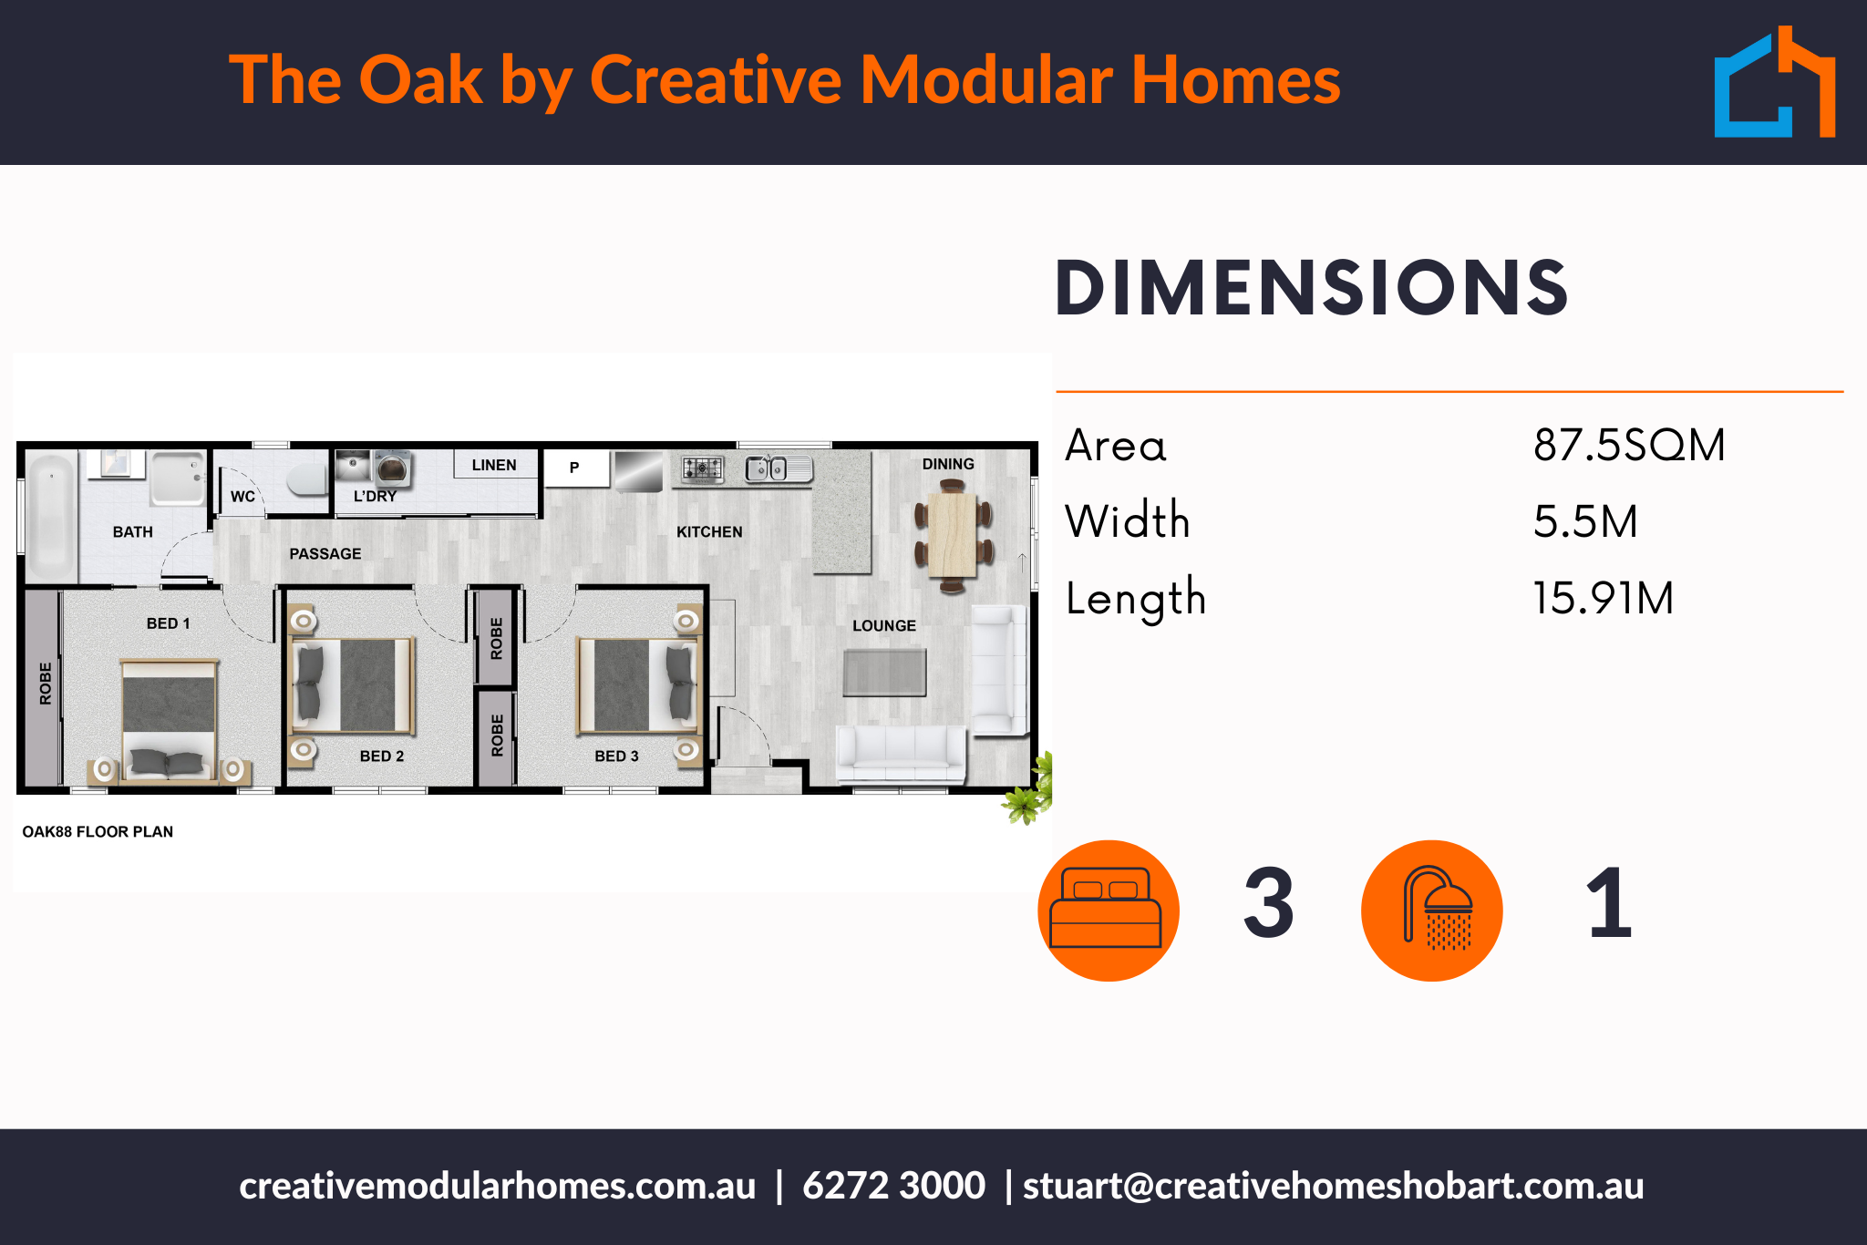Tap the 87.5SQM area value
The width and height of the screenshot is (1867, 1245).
1628,446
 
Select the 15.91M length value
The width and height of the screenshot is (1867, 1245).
1603,599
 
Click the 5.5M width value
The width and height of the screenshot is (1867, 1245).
1585,522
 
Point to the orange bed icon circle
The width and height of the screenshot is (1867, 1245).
1108,911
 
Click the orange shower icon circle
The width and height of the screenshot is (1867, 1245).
1431,911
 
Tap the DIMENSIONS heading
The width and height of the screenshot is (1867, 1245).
1311,289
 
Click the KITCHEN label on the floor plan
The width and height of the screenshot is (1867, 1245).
709,532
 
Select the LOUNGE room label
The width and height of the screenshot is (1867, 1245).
883,626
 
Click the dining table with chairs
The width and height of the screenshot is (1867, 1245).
953,536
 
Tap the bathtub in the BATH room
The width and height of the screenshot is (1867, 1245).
51,515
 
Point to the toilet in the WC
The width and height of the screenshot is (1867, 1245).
308,479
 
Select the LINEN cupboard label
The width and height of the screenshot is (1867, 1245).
494,465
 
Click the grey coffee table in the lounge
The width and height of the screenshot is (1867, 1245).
884,673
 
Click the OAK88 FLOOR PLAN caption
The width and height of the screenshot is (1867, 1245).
98,832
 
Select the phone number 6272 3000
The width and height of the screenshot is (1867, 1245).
893,1186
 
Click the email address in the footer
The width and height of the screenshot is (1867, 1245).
1333,1186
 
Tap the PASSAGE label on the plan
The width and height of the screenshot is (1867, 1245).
325,554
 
